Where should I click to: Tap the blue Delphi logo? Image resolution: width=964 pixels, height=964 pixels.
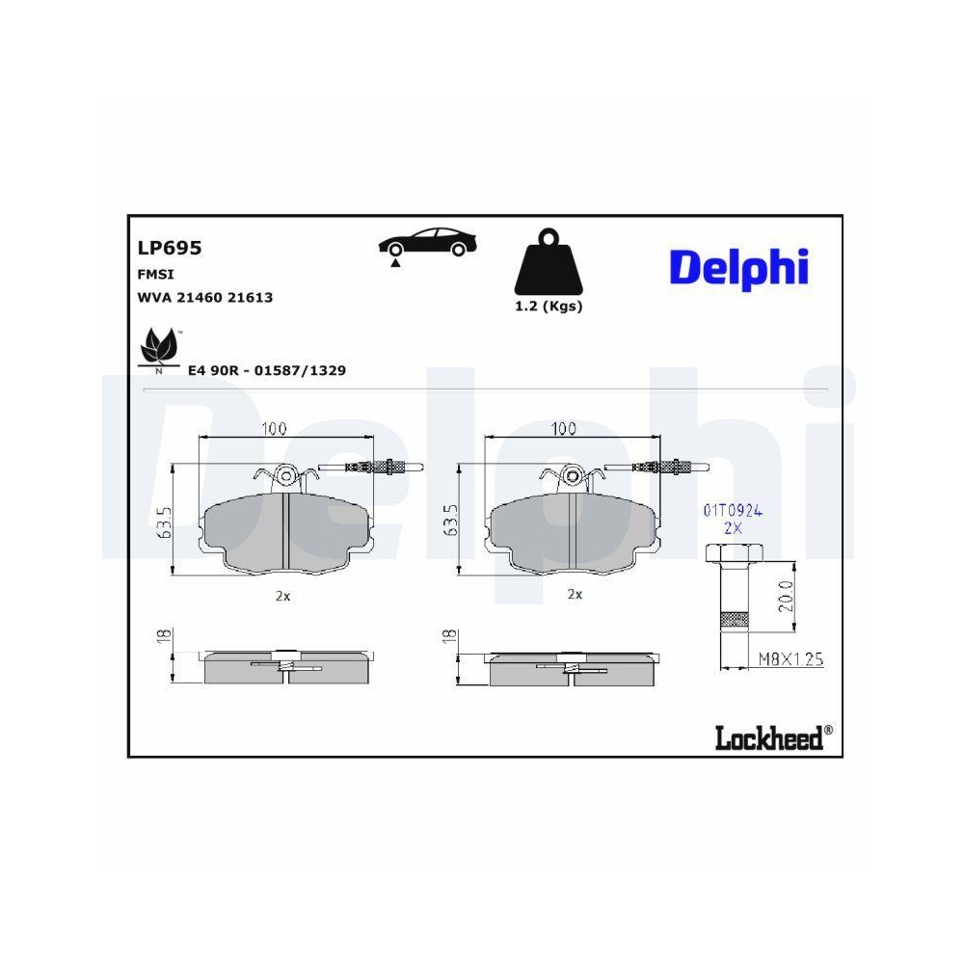738,267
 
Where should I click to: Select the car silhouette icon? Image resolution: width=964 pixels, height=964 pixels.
427,244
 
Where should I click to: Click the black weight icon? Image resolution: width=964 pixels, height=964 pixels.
549,263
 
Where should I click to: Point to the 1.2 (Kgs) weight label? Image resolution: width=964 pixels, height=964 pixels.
549,307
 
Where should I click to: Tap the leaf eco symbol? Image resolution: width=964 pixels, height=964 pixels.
158,348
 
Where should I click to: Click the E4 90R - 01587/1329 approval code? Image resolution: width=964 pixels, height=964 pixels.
267,370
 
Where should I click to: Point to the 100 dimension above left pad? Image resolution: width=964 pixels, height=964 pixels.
276,430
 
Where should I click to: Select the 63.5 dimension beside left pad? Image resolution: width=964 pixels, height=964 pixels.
165,521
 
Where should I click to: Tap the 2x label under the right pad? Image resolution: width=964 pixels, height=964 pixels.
575,595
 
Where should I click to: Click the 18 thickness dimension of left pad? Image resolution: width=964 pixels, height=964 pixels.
165,636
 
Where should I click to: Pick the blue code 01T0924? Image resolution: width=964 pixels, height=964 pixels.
733,511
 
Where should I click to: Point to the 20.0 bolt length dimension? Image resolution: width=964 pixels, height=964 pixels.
785,598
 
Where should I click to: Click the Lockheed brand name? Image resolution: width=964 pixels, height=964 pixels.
768,737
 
